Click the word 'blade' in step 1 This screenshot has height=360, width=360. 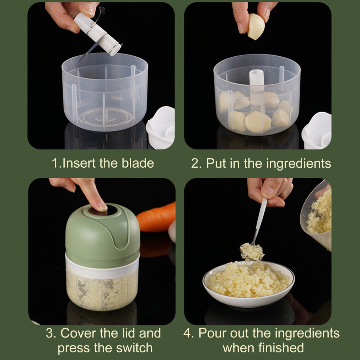138,163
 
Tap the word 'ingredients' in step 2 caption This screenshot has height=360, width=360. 299,164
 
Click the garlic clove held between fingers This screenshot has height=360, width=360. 256,27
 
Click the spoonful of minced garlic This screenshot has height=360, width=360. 252,252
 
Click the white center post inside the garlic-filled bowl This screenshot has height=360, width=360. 257,88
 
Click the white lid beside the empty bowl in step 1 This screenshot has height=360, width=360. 160,127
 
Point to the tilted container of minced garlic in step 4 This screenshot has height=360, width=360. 316,216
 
